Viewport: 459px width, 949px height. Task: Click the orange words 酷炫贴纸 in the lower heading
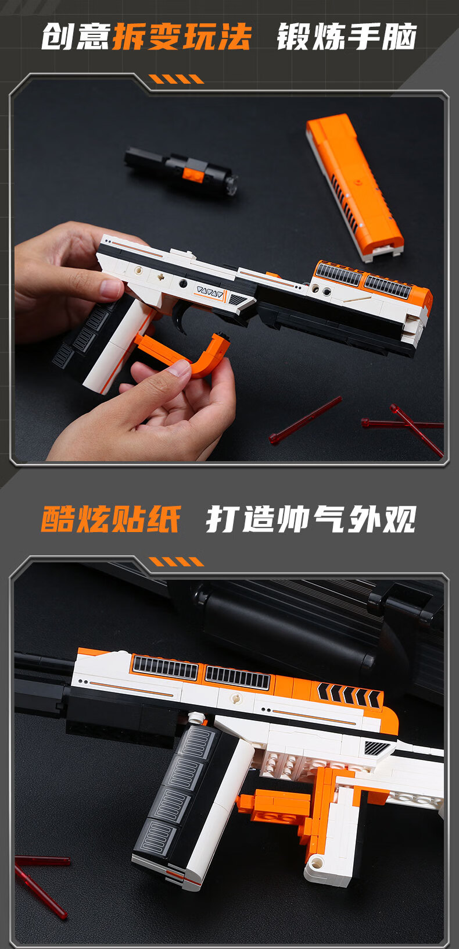110,519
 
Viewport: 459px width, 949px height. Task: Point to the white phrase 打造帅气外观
311,519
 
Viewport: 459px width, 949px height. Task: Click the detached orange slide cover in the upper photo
354,186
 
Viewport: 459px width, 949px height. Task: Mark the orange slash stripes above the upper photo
176,79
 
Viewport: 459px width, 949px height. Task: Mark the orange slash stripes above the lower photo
176,562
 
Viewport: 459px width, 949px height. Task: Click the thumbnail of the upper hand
110,288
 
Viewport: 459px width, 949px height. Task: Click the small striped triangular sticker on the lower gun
376,747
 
